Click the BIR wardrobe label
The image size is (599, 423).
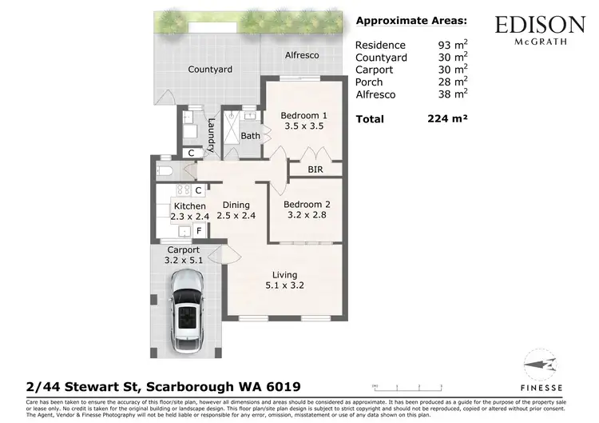tap(316, 170)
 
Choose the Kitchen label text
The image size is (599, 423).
tap(189, 206)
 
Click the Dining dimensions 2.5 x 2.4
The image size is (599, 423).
tap(236, 215)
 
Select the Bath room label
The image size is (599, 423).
tap(251, 136)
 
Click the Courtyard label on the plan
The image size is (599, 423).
tap(210, 70)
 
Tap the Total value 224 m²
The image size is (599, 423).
tap(447, 118)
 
